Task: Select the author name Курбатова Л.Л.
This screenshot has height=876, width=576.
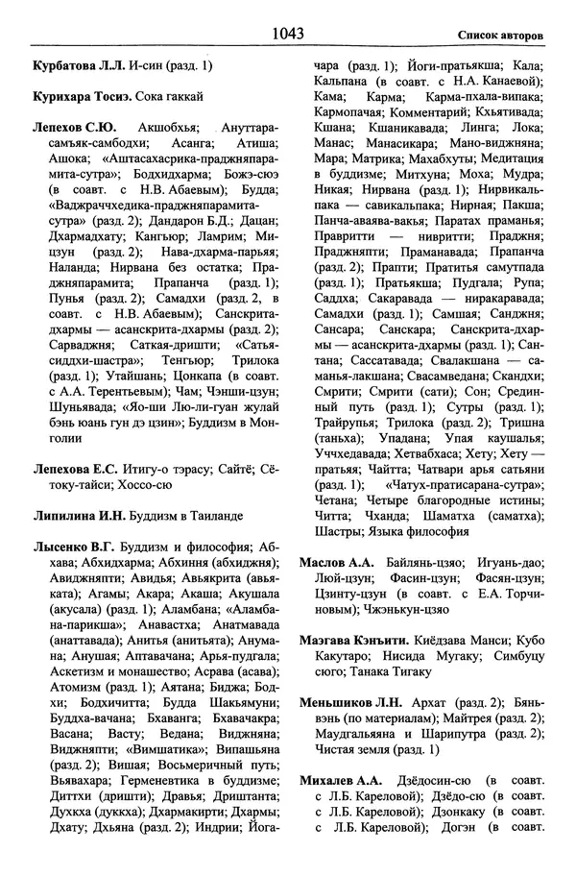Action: point(74,66)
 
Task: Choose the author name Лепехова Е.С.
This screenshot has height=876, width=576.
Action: point(73,470)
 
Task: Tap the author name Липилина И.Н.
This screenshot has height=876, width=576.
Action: point(75,517)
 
